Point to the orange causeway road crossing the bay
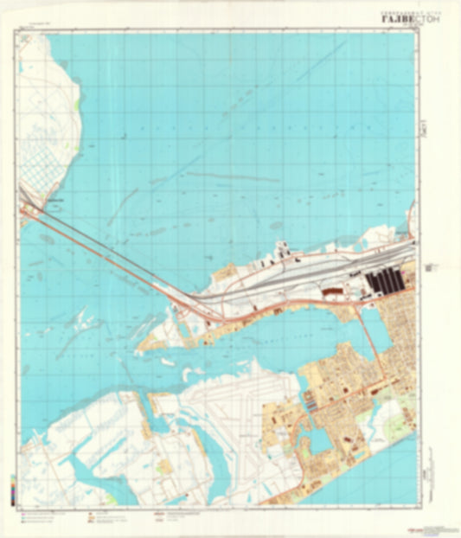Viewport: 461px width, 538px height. (x=112, y=255)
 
